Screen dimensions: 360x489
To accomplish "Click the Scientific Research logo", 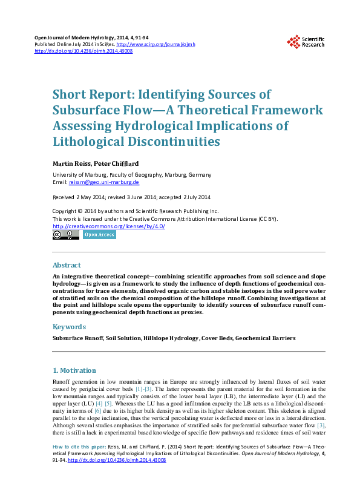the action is pos(306,42).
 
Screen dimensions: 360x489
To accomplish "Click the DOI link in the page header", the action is pos(83,51).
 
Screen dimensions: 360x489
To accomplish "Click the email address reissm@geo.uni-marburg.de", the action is pos(104,182).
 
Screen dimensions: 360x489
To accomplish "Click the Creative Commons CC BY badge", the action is pos(66,235).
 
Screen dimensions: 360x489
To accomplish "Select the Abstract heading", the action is pos(67,265).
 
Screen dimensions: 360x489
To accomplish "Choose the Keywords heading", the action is pos(68,327).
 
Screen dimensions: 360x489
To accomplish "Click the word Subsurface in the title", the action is pos(87,111).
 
